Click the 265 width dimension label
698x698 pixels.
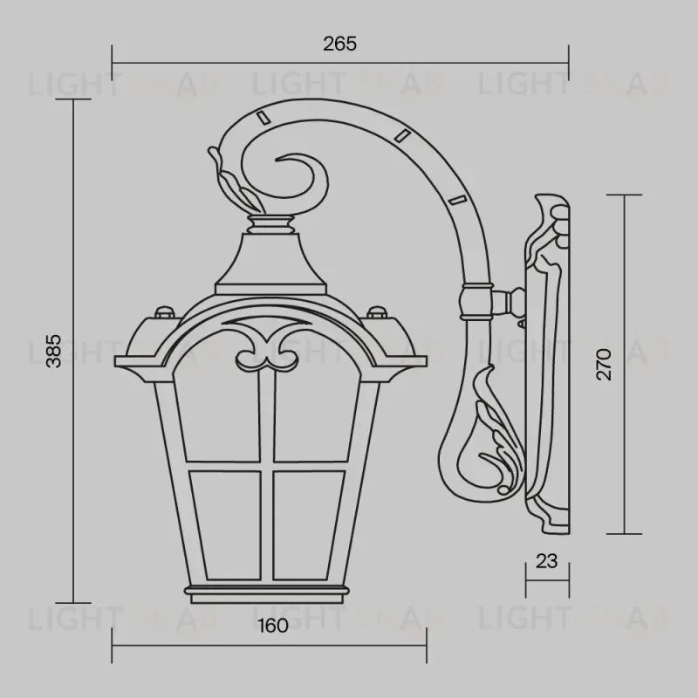(x=340, y=44)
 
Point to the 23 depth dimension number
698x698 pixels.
(x=546, y=561)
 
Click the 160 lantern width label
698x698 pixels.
(x=273, y=626)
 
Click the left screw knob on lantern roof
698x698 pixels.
(x=162, y=311)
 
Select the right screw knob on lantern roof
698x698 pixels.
(x=376, y=311)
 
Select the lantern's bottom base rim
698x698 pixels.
(x=270, y=596)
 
